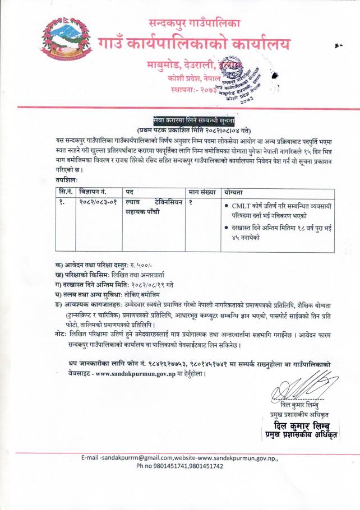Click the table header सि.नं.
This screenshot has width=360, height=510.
[65, 192]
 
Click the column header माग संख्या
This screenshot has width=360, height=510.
[202, 192]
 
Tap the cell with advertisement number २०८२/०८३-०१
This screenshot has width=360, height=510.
[99, 202]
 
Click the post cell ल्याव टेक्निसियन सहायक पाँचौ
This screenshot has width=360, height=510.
[154, 207]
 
